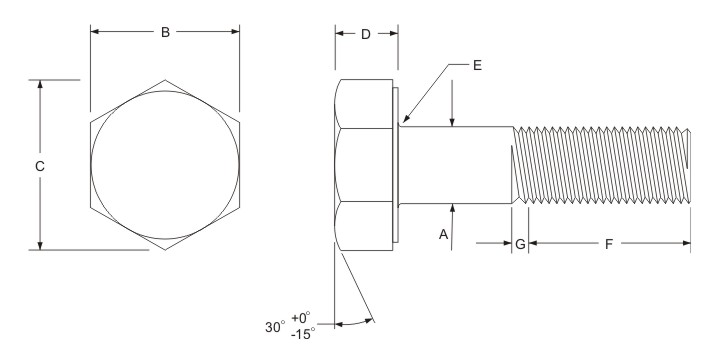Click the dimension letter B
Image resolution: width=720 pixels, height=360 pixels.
(x=165, y=32)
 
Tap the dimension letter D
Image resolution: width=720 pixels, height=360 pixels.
(x=366, y=34)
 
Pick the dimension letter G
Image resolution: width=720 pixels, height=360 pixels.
(x=520, y=243)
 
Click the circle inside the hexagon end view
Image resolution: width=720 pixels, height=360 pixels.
(x=165, y=165)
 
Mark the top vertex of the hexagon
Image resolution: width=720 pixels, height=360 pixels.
(x=165, y=79)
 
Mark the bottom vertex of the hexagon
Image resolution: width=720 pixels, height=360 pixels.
(x=165, y=249)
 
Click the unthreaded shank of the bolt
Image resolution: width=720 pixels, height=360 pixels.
(x=455, y=165)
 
